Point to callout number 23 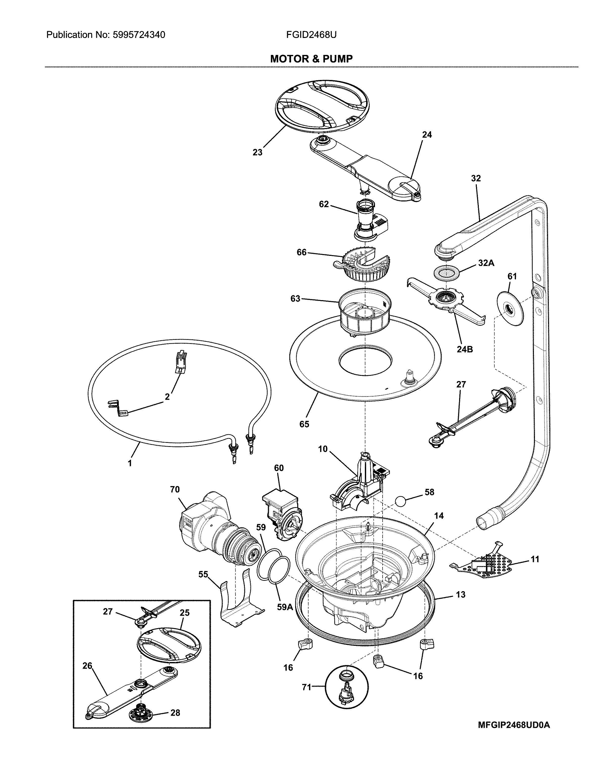pos(257,152)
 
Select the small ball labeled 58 pos(400,501)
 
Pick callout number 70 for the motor pos(175,489)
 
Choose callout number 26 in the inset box pos(87,666)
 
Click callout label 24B pos(464,349)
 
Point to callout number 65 pos(304,424)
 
